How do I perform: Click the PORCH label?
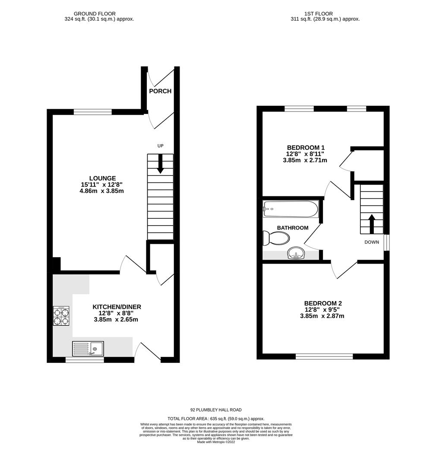pyautogui.click(x=160, y=91)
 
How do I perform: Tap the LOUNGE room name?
pyautogui.click(x=102, y=178)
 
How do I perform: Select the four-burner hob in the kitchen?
pyautogui.click(x=61, y=316)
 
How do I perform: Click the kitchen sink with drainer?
pyautogui.click(x=88, y=348)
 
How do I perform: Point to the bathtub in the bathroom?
pyautogui.click(x=291, y=209)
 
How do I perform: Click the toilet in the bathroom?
pyautogui.click(x=276, y=238)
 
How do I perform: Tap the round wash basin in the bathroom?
pyautogui.click(x=296, y=253)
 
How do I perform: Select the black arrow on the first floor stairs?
pyautogui.click(x=371, y=222)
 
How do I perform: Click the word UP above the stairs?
pyautogui.click(x=160, y=146)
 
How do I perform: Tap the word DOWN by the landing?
pyautogui.click(x=371, y=242)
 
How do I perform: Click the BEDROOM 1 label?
pyautogui.click(x=305, y=147)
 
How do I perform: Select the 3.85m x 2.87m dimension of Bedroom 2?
pyautogui.click(x=322, y=316)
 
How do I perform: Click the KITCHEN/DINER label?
pyautogui.click(x=117, y=307)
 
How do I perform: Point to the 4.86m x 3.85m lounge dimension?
pyautogui.click(x=102, y=191)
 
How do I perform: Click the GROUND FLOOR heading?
pyautogui.click(x=95, y=14)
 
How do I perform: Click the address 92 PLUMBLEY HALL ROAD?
pyautogui.click(x=216, y=410)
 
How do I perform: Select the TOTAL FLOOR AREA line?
pyautogui.click(x=216, y=419)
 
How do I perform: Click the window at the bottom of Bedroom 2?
pyautogui.click(x=324, y=356)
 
